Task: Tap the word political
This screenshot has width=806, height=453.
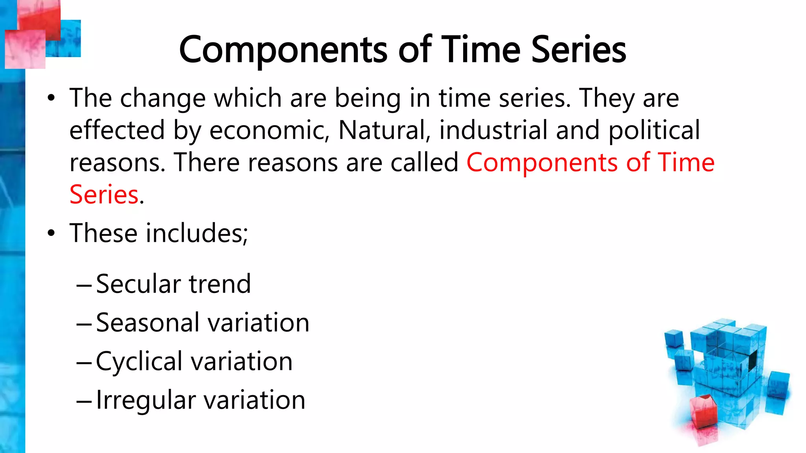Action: tap(654, 131)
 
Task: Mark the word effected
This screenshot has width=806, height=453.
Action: tap(117, 131)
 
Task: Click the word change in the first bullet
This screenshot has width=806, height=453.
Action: tap(163, 98)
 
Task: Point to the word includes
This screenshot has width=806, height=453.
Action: tap(197, 233)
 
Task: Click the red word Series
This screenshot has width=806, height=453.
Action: tap(104, 195)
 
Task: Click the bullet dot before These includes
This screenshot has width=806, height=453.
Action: tap(51, 233)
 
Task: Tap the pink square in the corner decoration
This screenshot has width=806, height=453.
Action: tap(25, 50)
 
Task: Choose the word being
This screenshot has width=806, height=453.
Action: tap(368, 98)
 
